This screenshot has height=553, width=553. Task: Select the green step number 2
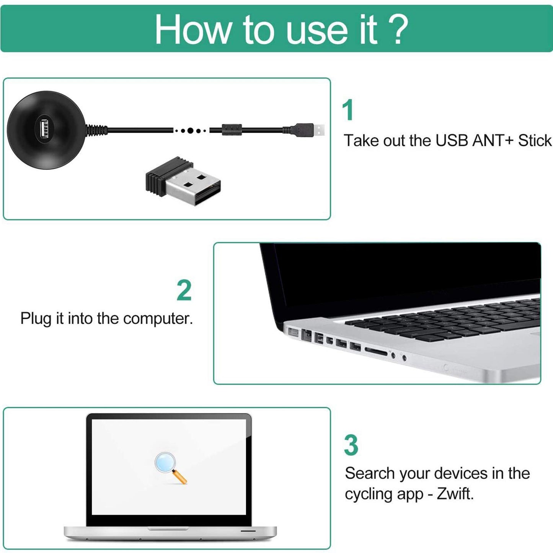184,291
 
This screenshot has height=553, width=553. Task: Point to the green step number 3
351,445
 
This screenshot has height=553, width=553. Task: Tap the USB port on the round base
43,130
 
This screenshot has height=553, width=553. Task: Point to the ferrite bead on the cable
232,129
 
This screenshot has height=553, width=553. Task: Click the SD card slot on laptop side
376,351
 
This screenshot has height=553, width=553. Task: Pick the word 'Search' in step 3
370,473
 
